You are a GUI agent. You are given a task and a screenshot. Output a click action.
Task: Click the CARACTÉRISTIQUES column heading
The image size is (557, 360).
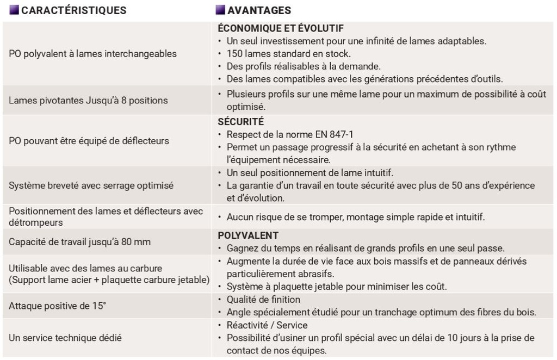pos(73,10)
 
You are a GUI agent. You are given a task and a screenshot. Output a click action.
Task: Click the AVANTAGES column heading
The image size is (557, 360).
pos(259,10)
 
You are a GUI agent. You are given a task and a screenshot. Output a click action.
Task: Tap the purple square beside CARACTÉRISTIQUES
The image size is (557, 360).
pos(14,10)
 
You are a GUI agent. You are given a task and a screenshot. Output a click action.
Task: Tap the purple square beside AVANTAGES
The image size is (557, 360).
pos(220,10)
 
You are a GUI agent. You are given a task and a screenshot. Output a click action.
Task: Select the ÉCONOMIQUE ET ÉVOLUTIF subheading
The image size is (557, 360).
pos(280,28)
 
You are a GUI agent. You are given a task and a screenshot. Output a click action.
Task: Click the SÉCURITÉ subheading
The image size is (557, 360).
pos(240,122)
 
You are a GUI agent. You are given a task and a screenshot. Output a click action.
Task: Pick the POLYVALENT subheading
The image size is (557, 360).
pos(248,235)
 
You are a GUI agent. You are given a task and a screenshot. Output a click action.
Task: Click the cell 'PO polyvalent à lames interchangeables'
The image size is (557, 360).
pos(92,54)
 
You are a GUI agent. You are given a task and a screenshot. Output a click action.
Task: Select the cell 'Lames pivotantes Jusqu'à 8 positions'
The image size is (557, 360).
pos(88,101)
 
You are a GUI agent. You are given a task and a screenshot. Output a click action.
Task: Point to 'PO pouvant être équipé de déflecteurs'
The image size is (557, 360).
pos(89,141)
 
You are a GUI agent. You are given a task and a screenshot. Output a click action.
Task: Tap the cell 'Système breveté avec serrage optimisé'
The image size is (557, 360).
pos(91,185)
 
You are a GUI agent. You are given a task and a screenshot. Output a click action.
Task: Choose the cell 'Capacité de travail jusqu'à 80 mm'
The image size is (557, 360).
pos(79,242)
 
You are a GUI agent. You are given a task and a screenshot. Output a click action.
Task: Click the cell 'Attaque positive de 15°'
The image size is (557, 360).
pos(57,306)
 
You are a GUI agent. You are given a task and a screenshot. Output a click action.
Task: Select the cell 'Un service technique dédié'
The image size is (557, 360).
pos(65,338)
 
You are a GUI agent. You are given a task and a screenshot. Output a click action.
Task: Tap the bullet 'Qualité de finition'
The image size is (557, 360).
pos(263,300)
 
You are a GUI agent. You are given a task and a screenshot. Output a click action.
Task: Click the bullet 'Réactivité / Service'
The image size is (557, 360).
pos(267,325)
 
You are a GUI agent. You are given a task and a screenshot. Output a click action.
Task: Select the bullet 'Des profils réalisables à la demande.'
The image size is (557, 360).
pos(304,66)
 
